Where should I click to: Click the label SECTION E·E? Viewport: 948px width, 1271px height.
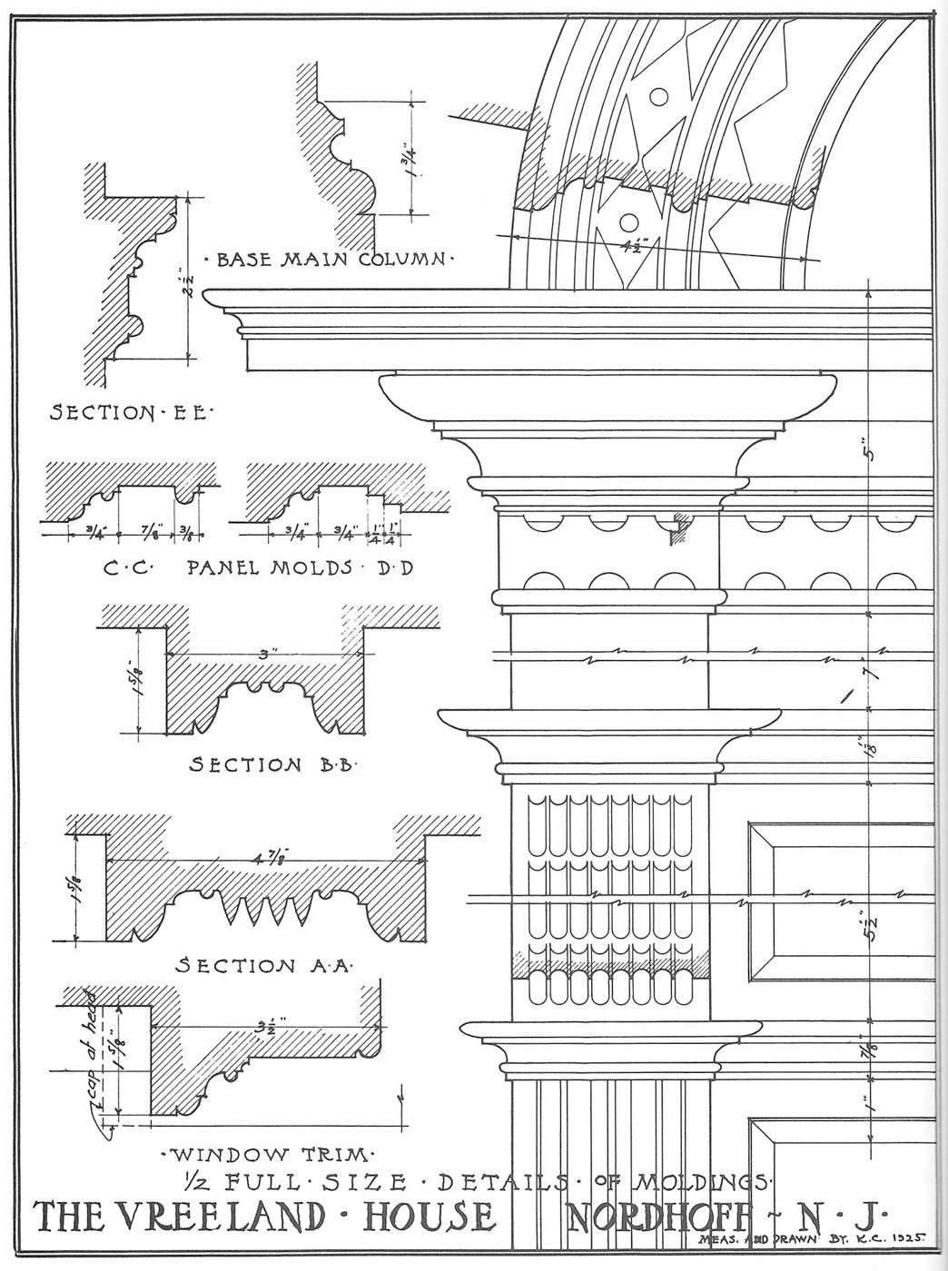tap(130, 413)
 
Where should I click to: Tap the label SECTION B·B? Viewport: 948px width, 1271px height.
tap(273, 764)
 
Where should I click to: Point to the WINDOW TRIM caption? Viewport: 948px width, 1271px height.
tap(266, 1156)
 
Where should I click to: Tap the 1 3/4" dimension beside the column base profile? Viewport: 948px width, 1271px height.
tap(414, 158)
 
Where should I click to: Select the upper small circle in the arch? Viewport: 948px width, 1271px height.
tap(658, 95)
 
